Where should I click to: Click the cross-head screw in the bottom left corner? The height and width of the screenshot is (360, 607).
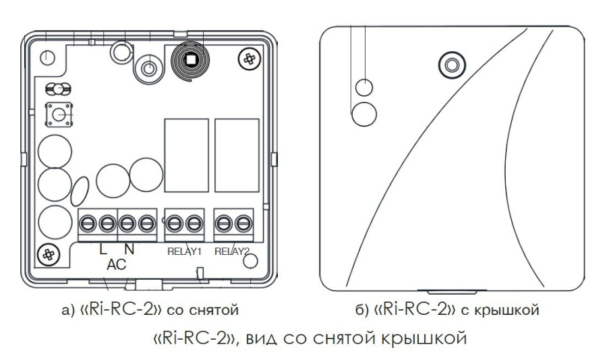[x=49, y=254]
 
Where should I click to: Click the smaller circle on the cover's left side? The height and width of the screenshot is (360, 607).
[x=363, y=87]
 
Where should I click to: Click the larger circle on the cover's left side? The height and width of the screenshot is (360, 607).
[x=365, y=113]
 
